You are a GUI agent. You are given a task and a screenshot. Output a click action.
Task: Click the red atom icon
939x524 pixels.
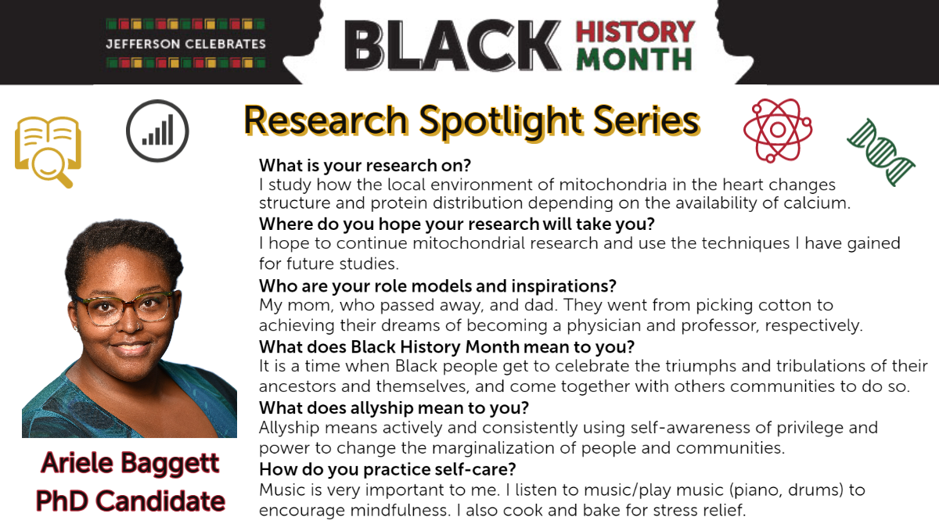(778, 131)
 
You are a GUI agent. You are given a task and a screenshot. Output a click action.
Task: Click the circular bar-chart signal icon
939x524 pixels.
(157, 131)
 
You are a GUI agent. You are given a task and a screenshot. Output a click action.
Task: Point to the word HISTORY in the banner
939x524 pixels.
(635, 32)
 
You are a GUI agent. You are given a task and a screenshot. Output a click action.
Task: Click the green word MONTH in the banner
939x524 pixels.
(634, 59)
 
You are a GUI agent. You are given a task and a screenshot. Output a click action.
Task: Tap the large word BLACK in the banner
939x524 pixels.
(453, 45)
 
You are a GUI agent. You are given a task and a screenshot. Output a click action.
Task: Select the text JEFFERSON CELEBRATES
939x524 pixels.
(185, 44)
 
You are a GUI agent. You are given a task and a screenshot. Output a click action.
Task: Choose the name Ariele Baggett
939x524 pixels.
(130, 463)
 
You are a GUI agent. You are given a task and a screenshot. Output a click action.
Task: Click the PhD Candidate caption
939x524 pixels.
(131, 501)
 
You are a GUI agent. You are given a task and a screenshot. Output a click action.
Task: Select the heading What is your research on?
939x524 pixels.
(365, 166)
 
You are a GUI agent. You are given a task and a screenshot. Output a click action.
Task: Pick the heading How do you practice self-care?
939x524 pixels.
(387, 469)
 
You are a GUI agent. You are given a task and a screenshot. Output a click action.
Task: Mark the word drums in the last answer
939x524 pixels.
(814, 490)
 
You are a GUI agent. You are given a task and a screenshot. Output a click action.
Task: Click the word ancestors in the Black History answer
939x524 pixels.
(297, 386)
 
